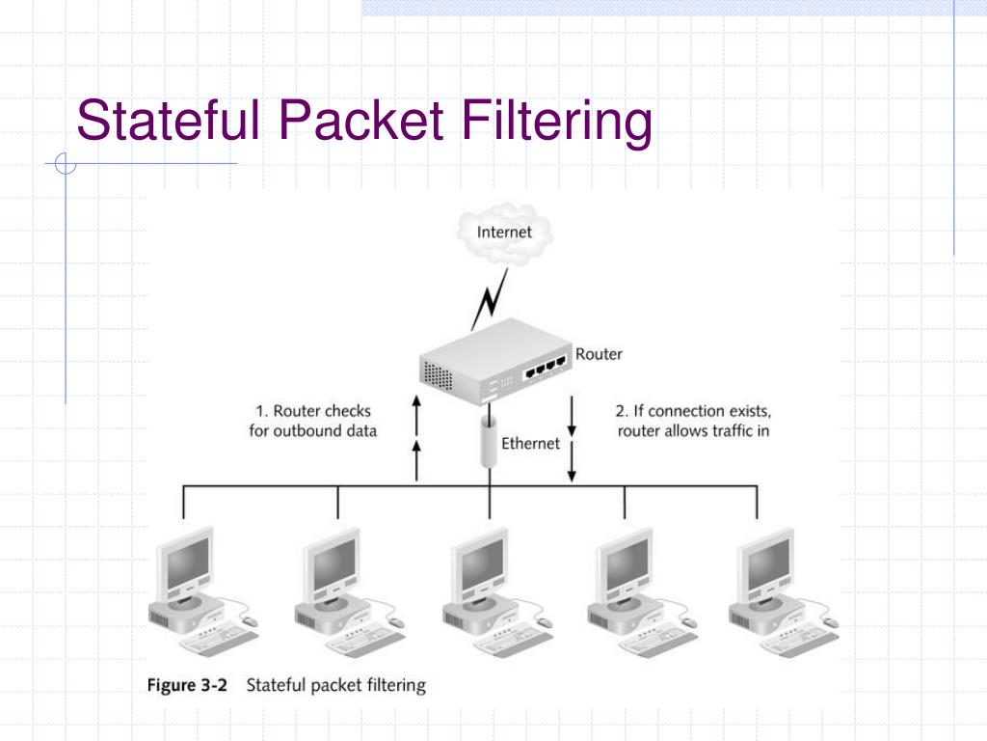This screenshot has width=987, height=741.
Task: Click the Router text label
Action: [599, 354]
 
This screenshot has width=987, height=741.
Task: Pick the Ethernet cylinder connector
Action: [488, 443]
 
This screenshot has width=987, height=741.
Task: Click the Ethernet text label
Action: [530, 444]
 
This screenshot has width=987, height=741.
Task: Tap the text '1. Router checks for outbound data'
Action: [312, 422]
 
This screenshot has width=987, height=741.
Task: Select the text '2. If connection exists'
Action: [693, 411]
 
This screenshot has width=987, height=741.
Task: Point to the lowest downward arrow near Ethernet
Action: [572, 463]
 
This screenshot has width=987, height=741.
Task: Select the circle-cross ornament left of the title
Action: [66, 165]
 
